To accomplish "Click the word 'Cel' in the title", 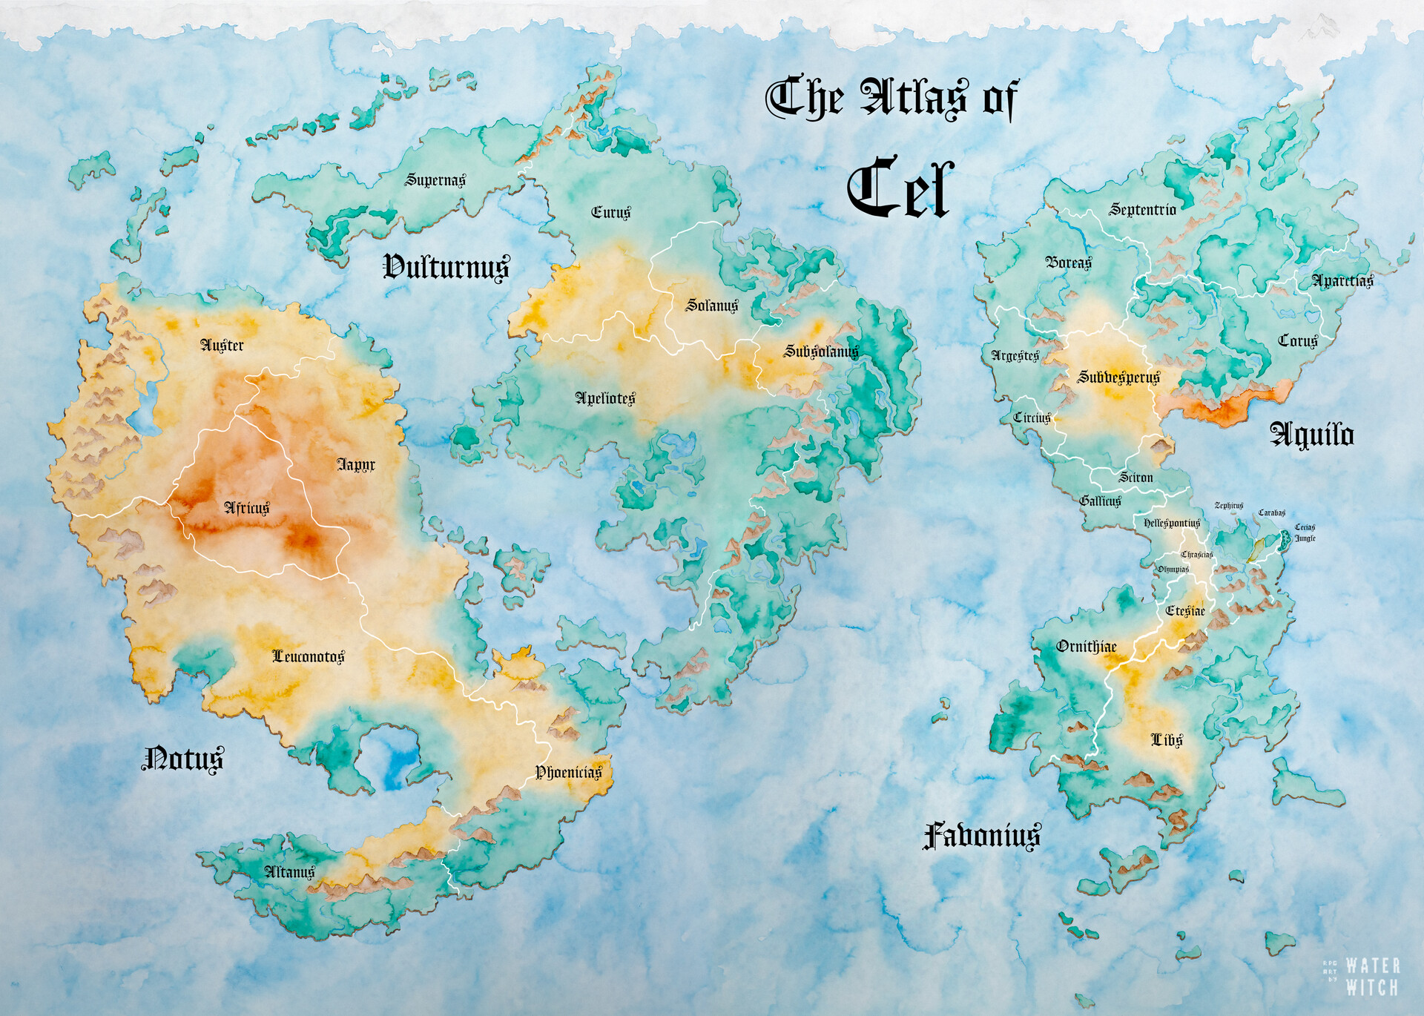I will point(900,188).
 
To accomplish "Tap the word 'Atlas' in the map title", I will point(914,98).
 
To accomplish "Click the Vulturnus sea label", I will point(446,267).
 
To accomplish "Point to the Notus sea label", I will point(182,759).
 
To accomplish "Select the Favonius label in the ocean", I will point(981,836).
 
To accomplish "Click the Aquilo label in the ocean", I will point(1312,435).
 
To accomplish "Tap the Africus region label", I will point(247,508).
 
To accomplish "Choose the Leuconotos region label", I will point(308,656).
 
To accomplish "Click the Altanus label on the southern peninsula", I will point(290,872).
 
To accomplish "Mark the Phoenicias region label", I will point(569,773).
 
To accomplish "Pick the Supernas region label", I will point(435,180).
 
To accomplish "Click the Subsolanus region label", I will point(821,352).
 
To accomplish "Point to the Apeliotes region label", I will point(605,398).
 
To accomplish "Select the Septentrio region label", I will point(1142,210).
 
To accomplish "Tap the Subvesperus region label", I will point(1118,377).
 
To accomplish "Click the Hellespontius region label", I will point(1172,524).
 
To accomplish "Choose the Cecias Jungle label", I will point(1305,532).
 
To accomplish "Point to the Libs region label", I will point(1167,740).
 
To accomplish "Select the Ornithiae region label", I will point(1087,647).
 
